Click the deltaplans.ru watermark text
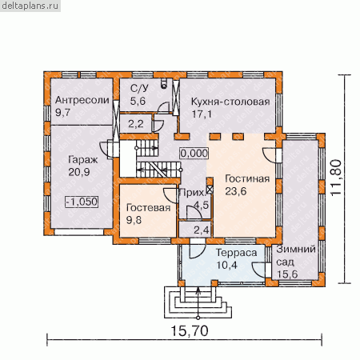point(30,6)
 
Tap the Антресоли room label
point(82,100)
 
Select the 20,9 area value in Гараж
point(79,172)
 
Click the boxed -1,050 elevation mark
point(82,202)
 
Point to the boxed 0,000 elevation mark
point(194,154)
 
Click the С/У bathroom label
point(139,88)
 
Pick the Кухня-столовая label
point(230,102)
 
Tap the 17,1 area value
point(202,114)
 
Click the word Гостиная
point(247,178)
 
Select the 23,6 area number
point(236,191)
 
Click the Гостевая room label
point(148,208)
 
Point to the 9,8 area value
point(134,220)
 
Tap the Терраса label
point(236,253)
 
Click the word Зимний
point(296,250)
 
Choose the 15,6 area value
point(287,274)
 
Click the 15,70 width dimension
point(190,331)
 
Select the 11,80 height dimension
point(336,178)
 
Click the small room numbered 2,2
point(136,124)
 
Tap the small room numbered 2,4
point(195,230)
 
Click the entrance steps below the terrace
point(198,302)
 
